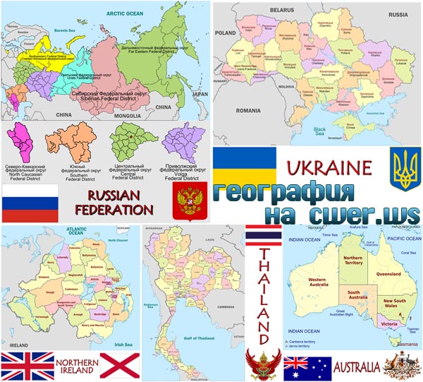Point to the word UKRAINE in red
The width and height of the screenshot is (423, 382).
point(329,168)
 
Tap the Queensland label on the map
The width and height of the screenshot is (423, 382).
point(388,274)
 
